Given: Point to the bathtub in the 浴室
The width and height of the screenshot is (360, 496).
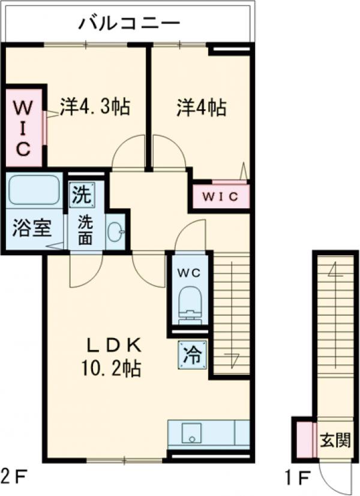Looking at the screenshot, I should click(34, 191).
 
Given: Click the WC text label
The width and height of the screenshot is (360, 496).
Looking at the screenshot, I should click(190, 271).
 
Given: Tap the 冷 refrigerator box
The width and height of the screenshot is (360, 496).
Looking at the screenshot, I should click(192, 355).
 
